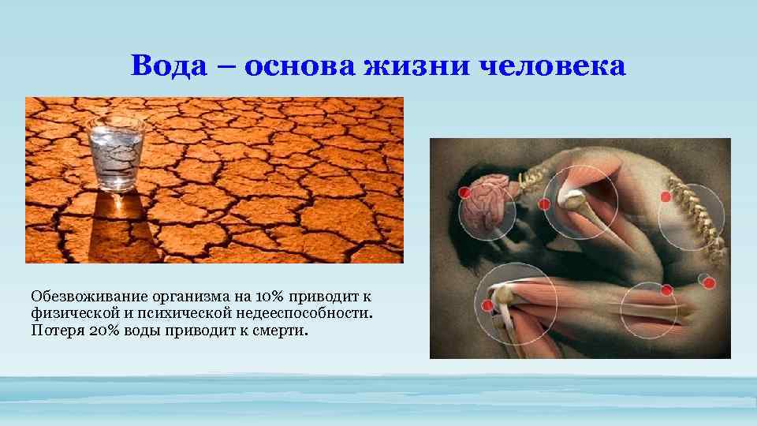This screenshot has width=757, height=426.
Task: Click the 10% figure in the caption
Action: [x=270, y=297]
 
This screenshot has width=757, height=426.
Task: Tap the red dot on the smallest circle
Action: [x=709, y=282]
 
